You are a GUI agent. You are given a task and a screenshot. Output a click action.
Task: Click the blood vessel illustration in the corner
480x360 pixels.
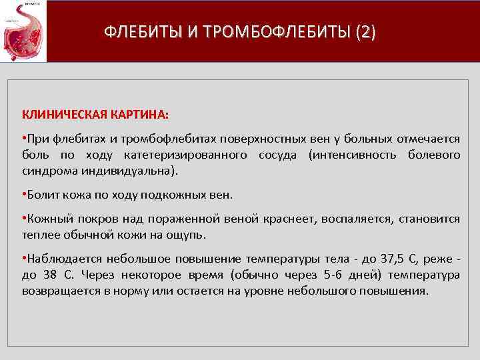[23, 31]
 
